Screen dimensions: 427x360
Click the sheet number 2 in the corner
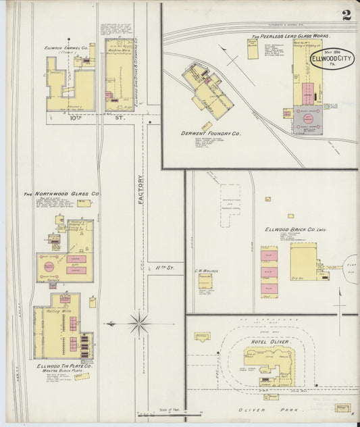tap(345, 15)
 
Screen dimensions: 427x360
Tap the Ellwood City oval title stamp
tap(334, 59)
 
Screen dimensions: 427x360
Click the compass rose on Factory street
tap(140, 323)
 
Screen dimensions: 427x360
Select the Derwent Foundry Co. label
tap(212, 134)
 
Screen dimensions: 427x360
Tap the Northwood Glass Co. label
tap(62, 194)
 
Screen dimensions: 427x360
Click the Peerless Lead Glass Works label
tap(290, 36)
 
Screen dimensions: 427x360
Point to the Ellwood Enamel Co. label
tap(67, 48)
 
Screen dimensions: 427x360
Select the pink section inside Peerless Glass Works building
tap(307, 95)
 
